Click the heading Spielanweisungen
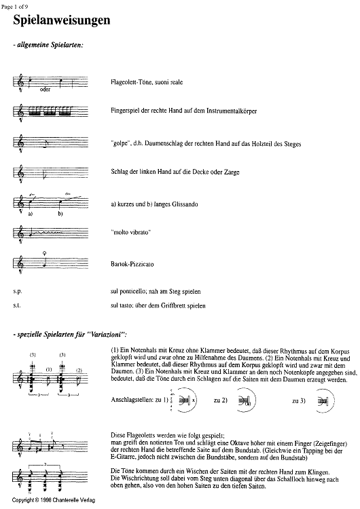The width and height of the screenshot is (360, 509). point(62,20)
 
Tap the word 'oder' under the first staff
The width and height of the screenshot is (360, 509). point(45,90)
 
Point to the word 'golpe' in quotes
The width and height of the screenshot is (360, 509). point(121,144)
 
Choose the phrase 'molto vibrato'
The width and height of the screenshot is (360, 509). point(131,232)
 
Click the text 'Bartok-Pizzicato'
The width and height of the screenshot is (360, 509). point(132,264)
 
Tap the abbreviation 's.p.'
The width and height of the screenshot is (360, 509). point(18,292)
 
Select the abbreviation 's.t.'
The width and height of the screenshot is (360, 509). point(17,306)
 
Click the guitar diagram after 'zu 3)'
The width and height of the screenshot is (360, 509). point(325,401)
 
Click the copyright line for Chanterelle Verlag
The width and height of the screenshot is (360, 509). point(54,500)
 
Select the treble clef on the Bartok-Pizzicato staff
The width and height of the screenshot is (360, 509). point(21,263)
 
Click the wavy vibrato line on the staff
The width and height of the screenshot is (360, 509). point(49,232)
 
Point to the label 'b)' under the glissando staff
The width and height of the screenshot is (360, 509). point(60,214)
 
